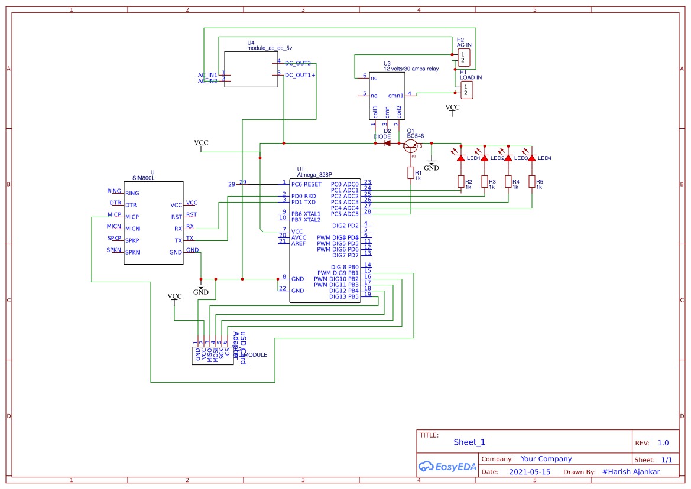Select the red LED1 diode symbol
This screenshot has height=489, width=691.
coord(461,158)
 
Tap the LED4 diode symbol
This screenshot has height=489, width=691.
coord(531,158)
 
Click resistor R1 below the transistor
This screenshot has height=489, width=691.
coord(411,173)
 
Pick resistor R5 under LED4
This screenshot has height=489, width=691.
coord(532,181)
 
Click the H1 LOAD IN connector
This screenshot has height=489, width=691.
coord(467,90)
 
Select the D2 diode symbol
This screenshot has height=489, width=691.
coord(387,143)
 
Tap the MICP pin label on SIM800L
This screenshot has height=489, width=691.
coord(132,217)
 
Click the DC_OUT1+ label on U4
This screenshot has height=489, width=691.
coord(300,75)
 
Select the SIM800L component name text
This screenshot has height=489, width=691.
coord(144,178)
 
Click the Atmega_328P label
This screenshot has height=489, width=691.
coord(314,175)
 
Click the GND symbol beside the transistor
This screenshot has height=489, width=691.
coord(432,165)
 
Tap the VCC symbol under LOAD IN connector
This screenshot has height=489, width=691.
coord(452,109)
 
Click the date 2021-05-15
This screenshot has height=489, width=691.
coord(530,472)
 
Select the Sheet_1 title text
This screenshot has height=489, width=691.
coord(469,442)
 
